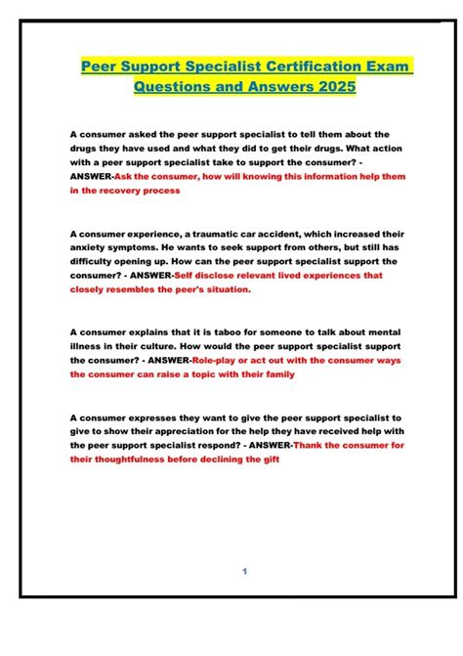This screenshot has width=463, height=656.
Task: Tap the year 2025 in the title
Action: coord(331,87)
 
